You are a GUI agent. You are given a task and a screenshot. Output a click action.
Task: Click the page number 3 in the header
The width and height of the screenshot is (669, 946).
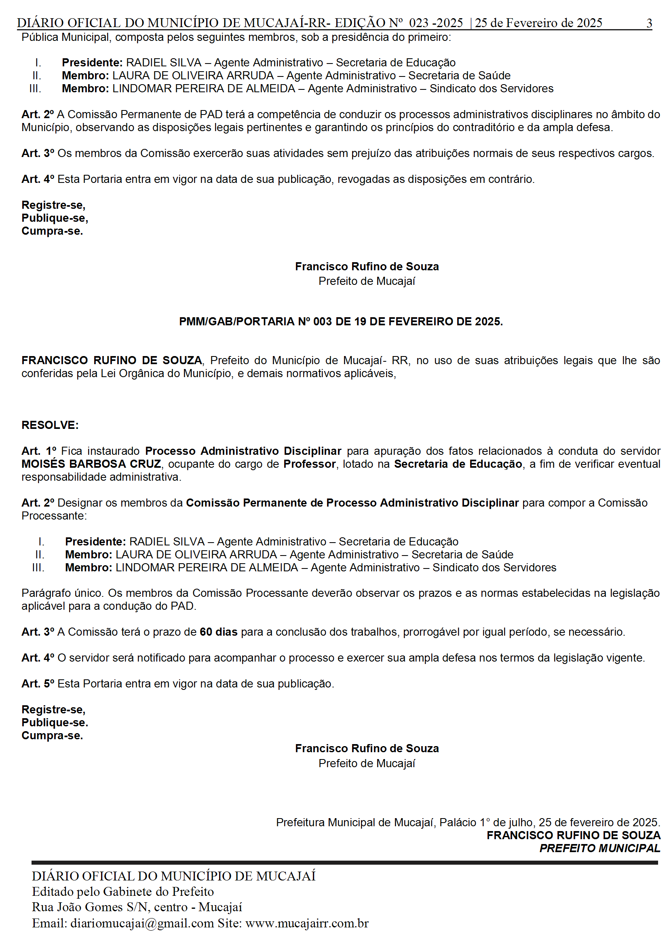(x=649, y=23)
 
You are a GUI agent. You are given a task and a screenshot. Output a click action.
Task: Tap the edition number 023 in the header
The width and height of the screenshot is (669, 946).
(x=418, y=23)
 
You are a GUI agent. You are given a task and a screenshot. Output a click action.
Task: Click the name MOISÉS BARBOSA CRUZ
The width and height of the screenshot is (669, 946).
(x=91, y=464)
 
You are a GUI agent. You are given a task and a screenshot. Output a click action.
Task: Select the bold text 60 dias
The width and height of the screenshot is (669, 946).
(x=218, y=632)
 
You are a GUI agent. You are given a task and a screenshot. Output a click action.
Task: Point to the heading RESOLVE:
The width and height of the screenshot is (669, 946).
(x=50, y=425)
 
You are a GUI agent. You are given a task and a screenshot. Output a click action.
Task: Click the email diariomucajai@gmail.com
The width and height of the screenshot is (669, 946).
(x=142, y=923)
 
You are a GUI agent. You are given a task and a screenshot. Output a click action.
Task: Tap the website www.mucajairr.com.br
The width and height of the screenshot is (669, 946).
(x=307, y=923)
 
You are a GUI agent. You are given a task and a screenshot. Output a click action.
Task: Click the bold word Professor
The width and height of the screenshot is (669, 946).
(x=309, y=464)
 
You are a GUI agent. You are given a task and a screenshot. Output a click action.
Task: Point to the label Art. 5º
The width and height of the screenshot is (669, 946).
(x=38, y=684)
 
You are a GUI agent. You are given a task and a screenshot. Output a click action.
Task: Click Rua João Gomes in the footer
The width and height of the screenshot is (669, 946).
(x=78, y=907)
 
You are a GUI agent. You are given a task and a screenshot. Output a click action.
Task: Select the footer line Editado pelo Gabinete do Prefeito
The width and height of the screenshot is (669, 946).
(x=123, y=891)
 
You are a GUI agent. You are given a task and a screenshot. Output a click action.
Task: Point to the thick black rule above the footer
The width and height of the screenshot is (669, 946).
(x=344, y=863)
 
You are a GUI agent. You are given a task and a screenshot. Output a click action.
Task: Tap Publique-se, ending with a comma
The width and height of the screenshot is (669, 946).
(x=55, y=218)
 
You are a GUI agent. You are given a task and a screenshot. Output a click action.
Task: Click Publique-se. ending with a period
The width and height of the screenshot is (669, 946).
(x=55, y=723)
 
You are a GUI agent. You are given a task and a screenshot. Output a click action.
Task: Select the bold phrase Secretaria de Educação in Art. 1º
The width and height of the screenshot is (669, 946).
(x=458, y=464)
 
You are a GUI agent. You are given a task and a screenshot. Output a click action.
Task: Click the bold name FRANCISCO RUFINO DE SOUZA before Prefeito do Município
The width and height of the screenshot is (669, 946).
(x=112, y=361)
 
